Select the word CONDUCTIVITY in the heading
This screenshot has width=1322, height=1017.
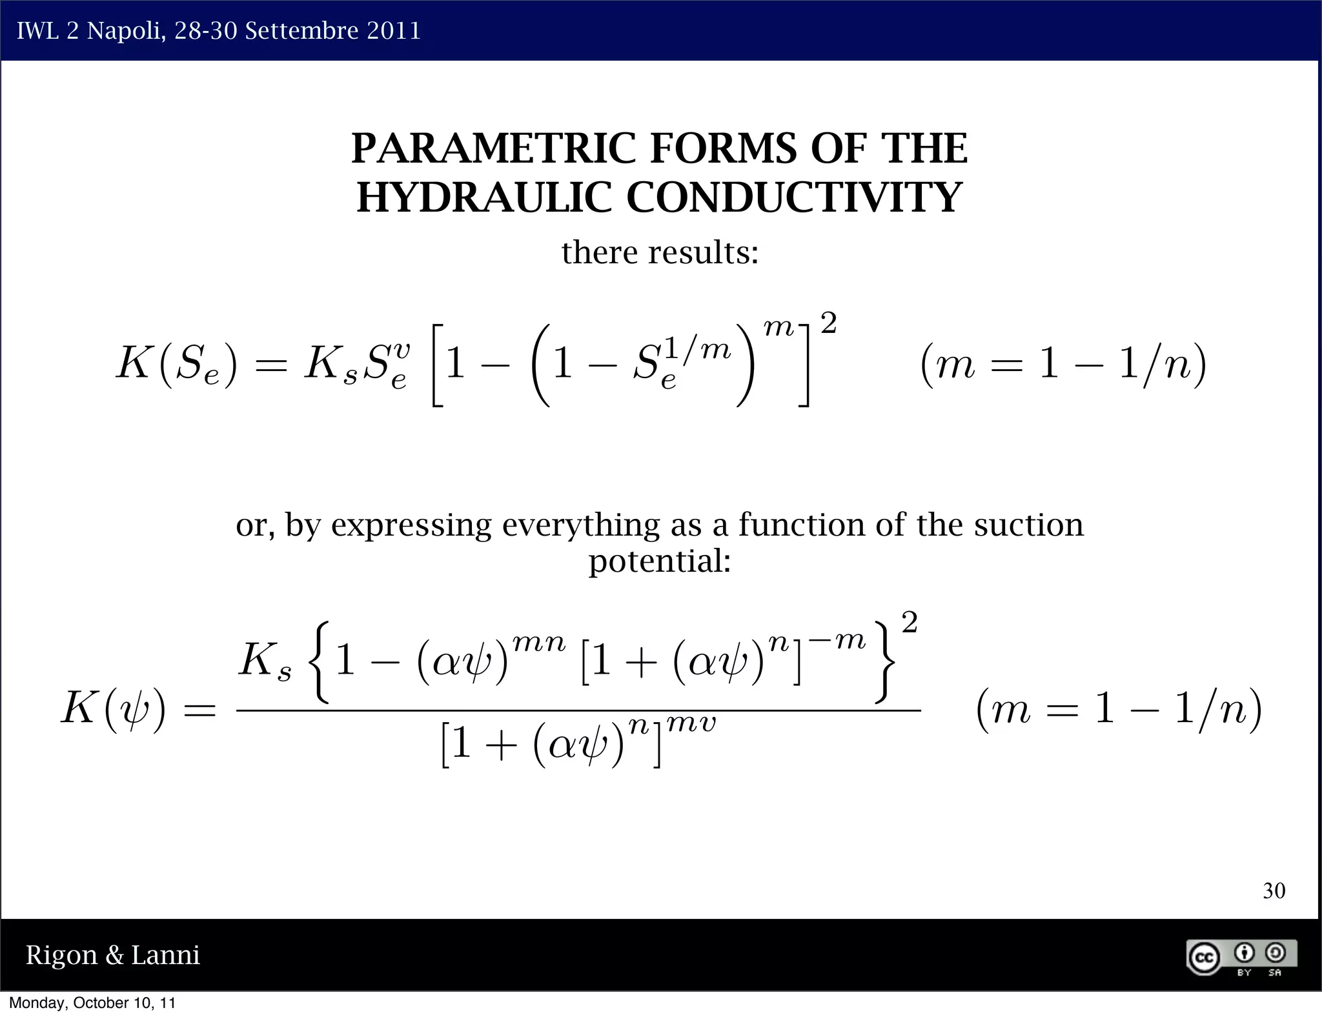click(x=794, y=197)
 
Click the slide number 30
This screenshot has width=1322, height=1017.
click(x=1274, y=891)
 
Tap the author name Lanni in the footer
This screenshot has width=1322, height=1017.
click(x=165, y=955)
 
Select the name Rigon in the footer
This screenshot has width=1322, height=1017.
click(x=61, y=955)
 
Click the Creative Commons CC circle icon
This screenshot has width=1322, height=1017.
click(x=1204, y=958)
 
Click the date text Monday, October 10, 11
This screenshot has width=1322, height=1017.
click(x=92, y=1003)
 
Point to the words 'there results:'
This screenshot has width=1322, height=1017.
click(x=660, y=252)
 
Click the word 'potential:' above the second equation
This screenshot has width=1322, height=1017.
click(x=660, y=560)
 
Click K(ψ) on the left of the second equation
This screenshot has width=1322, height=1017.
click(x=114, y=709)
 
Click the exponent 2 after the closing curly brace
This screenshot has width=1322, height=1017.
click(x=909, y=623)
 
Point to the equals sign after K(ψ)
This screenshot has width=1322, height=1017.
click(x=199, y=711)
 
